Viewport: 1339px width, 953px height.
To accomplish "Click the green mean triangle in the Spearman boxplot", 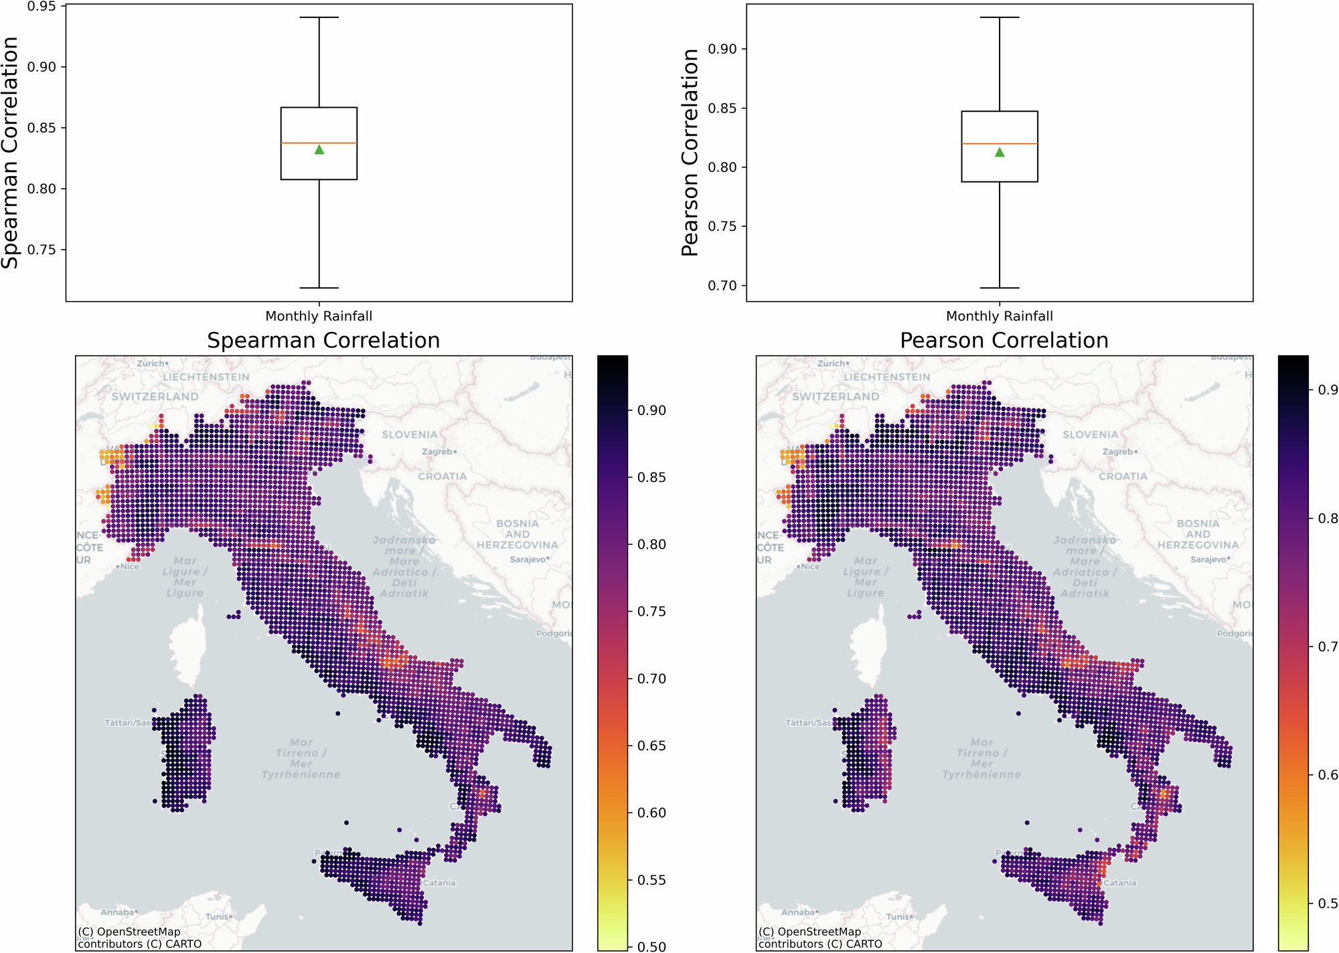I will tap(319, 149).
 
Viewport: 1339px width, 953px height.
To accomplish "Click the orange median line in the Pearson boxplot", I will tap(999, 144).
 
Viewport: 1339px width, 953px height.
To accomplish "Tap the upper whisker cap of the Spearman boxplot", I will tap(319, 17).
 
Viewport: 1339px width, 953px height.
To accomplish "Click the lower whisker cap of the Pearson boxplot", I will tap(999, 288).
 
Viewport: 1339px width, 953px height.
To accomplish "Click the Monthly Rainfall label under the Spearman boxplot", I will tap(319, 316).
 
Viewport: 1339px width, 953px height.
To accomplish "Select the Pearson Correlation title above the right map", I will tap(1004, 340).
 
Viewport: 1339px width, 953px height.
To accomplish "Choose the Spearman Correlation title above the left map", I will tap(323, 340).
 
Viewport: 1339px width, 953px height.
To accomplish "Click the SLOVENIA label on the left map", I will tap(409, 434).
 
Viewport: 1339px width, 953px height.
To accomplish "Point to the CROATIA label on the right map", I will tap(1122, 476).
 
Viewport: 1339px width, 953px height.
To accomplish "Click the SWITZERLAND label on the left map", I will tap(155, 396).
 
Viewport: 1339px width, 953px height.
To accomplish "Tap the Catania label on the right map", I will tap(1119, 883).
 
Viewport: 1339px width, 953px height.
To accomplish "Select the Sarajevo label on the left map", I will tap(528, 559).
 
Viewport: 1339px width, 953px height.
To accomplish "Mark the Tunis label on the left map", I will tap(217, 916).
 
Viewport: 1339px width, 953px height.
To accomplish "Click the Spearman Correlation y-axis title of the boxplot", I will tap(10, 153).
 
